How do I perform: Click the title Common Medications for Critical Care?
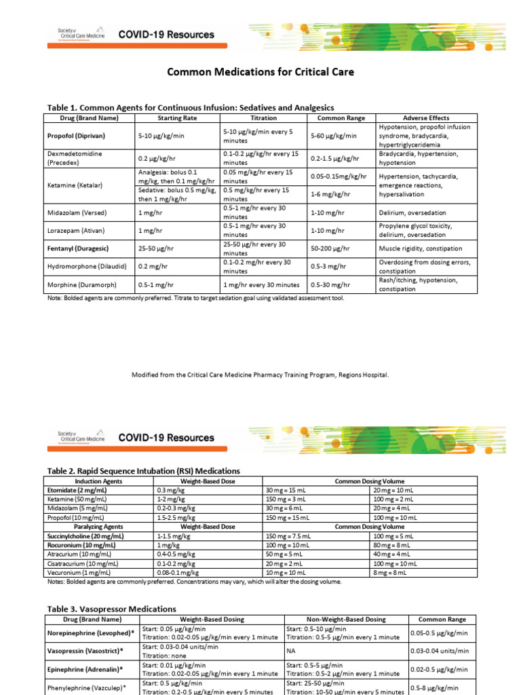[260, 71]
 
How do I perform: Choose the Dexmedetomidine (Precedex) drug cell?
[75, 158]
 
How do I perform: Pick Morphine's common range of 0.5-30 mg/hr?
[330, 285]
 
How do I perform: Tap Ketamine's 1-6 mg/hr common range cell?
[330, 195]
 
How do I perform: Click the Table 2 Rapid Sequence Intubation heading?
[142, 471]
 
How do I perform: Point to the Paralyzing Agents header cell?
[98, 527]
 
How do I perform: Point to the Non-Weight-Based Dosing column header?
[346, 620]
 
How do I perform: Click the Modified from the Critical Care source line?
[260, 375]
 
